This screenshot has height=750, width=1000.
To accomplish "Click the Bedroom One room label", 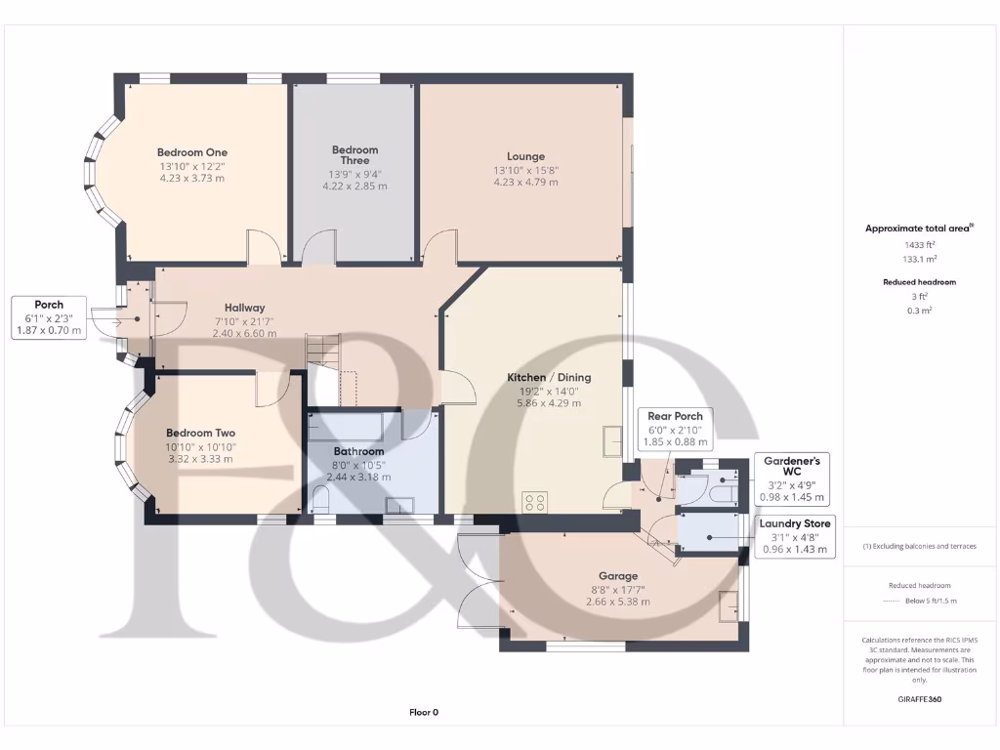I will tap(191, 152).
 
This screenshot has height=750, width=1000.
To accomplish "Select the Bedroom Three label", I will tap(354, 155).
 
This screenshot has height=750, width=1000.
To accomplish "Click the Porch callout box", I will tap(49, 318).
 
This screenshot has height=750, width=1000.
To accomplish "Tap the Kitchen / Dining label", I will tap(548, 378).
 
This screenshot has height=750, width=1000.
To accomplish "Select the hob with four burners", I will tap(535, 503).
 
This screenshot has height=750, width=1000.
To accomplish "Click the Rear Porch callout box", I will tap(675, 429).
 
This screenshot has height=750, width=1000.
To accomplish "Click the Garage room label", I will tap(618, 576).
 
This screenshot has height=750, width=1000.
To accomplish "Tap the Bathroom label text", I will tap(358, 452).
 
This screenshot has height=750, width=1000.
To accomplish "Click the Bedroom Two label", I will tap(200, 433).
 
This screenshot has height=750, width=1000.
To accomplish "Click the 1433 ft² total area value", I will tap(919, 244).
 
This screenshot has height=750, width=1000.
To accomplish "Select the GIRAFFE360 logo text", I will tap(918, 699).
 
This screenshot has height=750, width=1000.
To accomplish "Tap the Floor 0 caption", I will tap(423, 712).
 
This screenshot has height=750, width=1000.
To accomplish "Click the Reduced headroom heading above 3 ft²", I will tap(919, 282).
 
